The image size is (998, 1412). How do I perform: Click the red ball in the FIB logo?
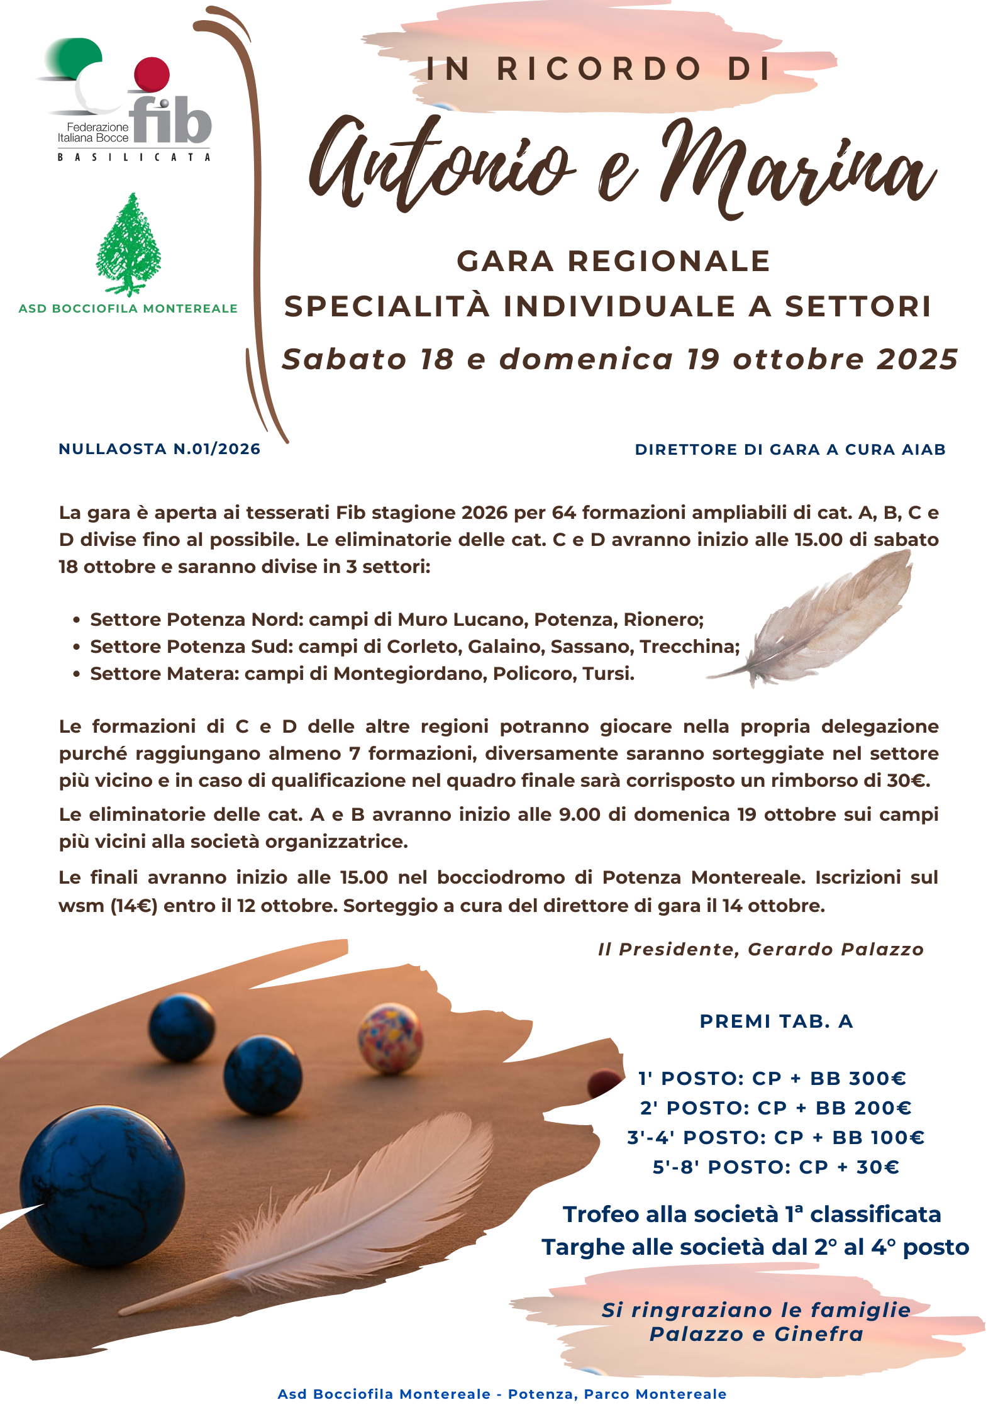[152, 74]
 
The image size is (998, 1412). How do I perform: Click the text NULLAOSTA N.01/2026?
[159, 449]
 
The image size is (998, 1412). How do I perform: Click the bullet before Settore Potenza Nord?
[77, 620]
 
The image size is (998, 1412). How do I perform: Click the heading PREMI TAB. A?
[776, 1021]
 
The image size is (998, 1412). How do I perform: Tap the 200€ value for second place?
[883, 1108]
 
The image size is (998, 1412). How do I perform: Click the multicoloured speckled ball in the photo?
[390, 1037]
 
